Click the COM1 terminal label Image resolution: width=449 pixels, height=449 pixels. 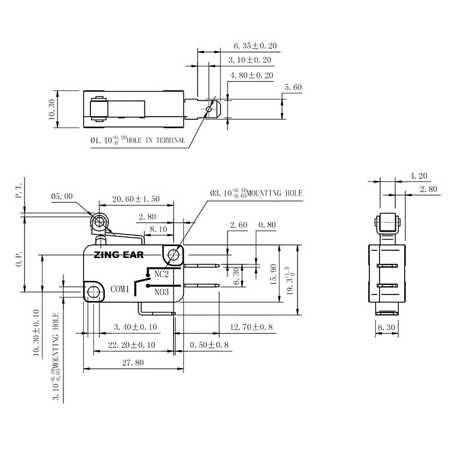(x=120, y=290)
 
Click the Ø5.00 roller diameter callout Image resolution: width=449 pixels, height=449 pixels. (x=63, y=196)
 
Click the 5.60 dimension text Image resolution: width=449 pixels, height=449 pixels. (x=293, y=87)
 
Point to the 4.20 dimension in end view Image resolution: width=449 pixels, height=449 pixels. (x=418, y=176)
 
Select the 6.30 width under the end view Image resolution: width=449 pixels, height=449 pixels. (x=387, y=327)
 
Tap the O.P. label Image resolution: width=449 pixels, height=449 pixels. (x=18, y=258)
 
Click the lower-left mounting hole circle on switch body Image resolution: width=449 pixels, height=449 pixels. (x=92, y=292)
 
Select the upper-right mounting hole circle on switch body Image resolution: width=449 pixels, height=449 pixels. (x=174, y=255)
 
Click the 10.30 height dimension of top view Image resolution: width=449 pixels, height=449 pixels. (x=51, y=110)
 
